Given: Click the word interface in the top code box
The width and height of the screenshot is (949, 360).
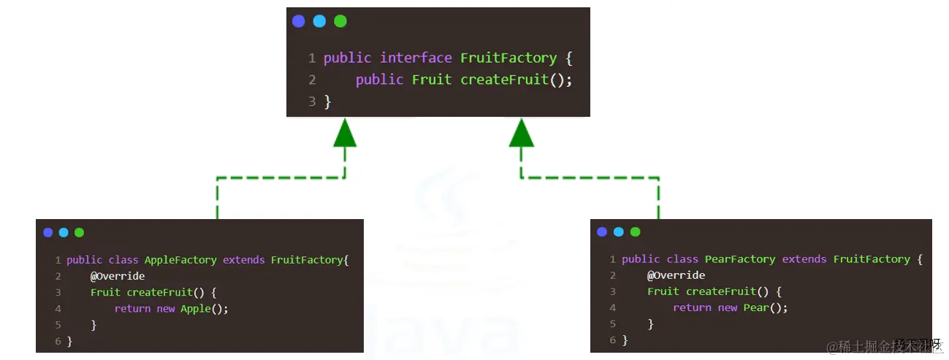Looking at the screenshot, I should pyautogui.click(x=416, y=58).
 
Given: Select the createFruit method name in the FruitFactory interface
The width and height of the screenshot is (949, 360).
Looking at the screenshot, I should pyautogui.click(x=504, y=80).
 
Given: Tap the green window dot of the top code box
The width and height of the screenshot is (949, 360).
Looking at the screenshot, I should pyautogui.click(x=340, y=21).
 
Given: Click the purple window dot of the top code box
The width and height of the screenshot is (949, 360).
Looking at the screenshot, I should pyautogui.click(x=299, y=21).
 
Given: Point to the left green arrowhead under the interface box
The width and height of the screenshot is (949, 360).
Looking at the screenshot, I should pyautogui.click(x=345, y=134).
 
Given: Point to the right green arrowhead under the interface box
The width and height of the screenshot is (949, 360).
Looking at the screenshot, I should pyautogui.click(x=522, y=134).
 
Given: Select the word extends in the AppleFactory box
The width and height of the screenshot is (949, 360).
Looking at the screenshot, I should pyautogui.click(x=244, y=260).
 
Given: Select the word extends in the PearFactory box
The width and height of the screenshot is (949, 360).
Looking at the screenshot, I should pyautogui.click(x=804, y=259).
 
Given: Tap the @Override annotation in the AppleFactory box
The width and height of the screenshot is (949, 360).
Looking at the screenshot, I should pyautogui.click(x=118, y=276).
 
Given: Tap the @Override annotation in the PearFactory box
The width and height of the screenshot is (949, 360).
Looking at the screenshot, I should pyautogui.click(x=676, y=275).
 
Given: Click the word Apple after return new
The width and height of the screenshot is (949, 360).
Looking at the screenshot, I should pyautogui.click(x=195, y=308).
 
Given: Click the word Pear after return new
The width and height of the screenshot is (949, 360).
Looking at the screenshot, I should pyautogui.click(x=756, y=307).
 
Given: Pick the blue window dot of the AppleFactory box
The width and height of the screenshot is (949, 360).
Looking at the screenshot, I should pyautogui.click(x=64, y=233).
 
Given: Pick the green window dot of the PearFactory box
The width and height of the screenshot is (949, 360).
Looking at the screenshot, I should pyautogui.click(x=635, y=232).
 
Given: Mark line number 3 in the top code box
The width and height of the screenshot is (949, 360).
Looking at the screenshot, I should pyautogui.click(x=312, y=102).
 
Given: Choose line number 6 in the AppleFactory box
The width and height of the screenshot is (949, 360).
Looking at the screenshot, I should pyautogui.click(x=58, y=341).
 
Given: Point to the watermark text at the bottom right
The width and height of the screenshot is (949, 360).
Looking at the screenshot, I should pyautogui.click(x=885, y=345).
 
